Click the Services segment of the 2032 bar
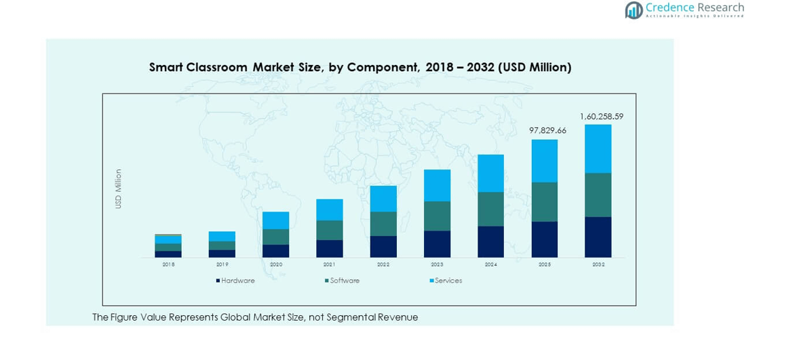coord(598,148)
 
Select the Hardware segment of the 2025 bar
coord(544,239)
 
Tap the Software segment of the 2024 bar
coord(490,209)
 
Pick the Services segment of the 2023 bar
coord(437,185)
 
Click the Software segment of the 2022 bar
coord(383,224)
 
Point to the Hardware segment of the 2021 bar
coord(330,249)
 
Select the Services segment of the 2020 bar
coord(275,220)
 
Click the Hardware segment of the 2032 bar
coord(598,237)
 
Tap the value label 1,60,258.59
coord(601,116)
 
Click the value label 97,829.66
coord(547,130)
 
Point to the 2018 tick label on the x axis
coord(168,264)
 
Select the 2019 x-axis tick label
coord(222,264)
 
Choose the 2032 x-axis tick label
coord(598,264)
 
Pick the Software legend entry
coord(345,281)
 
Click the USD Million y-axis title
coord(118,188)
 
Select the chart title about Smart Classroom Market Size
coord(360,67)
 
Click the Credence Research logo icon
coord(634,10)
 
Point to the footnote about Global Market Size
coord(255,317)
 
